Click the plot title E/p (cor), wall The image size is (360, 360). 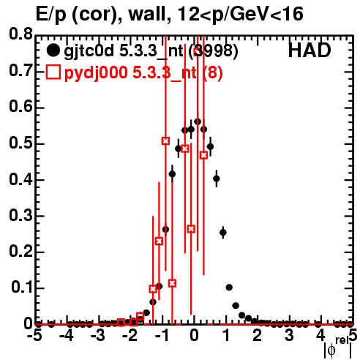coord(101,15)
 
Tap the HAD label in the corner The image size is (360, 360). coord(310,50)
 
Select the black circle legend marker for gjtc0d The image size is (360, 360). coord(53,50)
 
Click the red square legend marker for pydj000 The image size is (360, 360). coord(53,72)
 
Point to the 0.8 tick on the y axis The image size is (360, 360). coord(20,34)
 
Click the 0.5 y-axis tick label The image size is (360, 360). coord(20,143)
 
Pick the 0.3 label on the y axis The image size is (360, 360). coord(20,215)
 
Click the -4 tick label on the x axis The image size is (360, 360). coord(67,336)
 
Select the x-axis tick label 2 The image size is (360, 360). coord(258,336)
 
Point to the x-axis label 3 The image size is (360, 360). coord(289,336)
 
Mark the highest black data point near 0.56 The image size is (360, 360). coord(198,121)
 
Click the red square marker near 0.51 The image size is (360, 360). coord(165,140)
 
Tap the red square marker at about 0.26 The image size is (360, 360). coord(191,229)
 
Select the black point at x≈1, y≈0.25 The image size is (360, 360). coord(223,233)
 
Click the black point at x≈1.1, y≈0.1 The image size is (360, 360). coord(229,288)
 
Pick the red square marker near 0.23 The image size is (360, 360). coord(159,241)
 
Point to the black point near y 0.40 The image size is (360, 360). coord(217,179)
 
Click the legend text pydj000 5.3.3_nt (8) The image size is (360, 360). coord(143,72)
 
